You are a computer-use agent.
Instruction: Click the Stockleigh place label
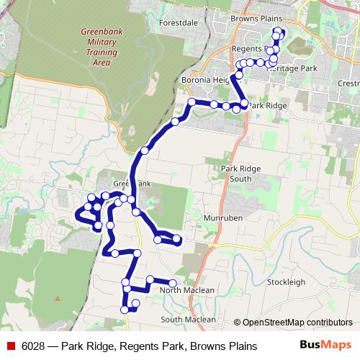(x=286, y=283)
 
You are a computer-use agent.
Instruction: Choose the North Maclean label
(x=188, y=290)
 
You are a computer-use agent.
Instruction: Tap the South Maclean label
(x=188, y=319)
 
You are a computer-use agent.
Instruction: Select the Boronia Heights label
(x=206, y=80)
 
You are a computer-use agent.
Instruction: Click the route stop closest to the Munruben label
(x=177, y=239)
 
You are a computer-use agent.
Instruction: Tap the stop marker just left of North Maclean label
(x=173, y=283)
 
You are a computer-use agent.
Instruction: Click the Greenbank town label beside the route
(x=131, y=184)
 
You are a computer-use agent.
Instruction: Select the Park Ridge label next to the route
(x=268, y=105)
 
